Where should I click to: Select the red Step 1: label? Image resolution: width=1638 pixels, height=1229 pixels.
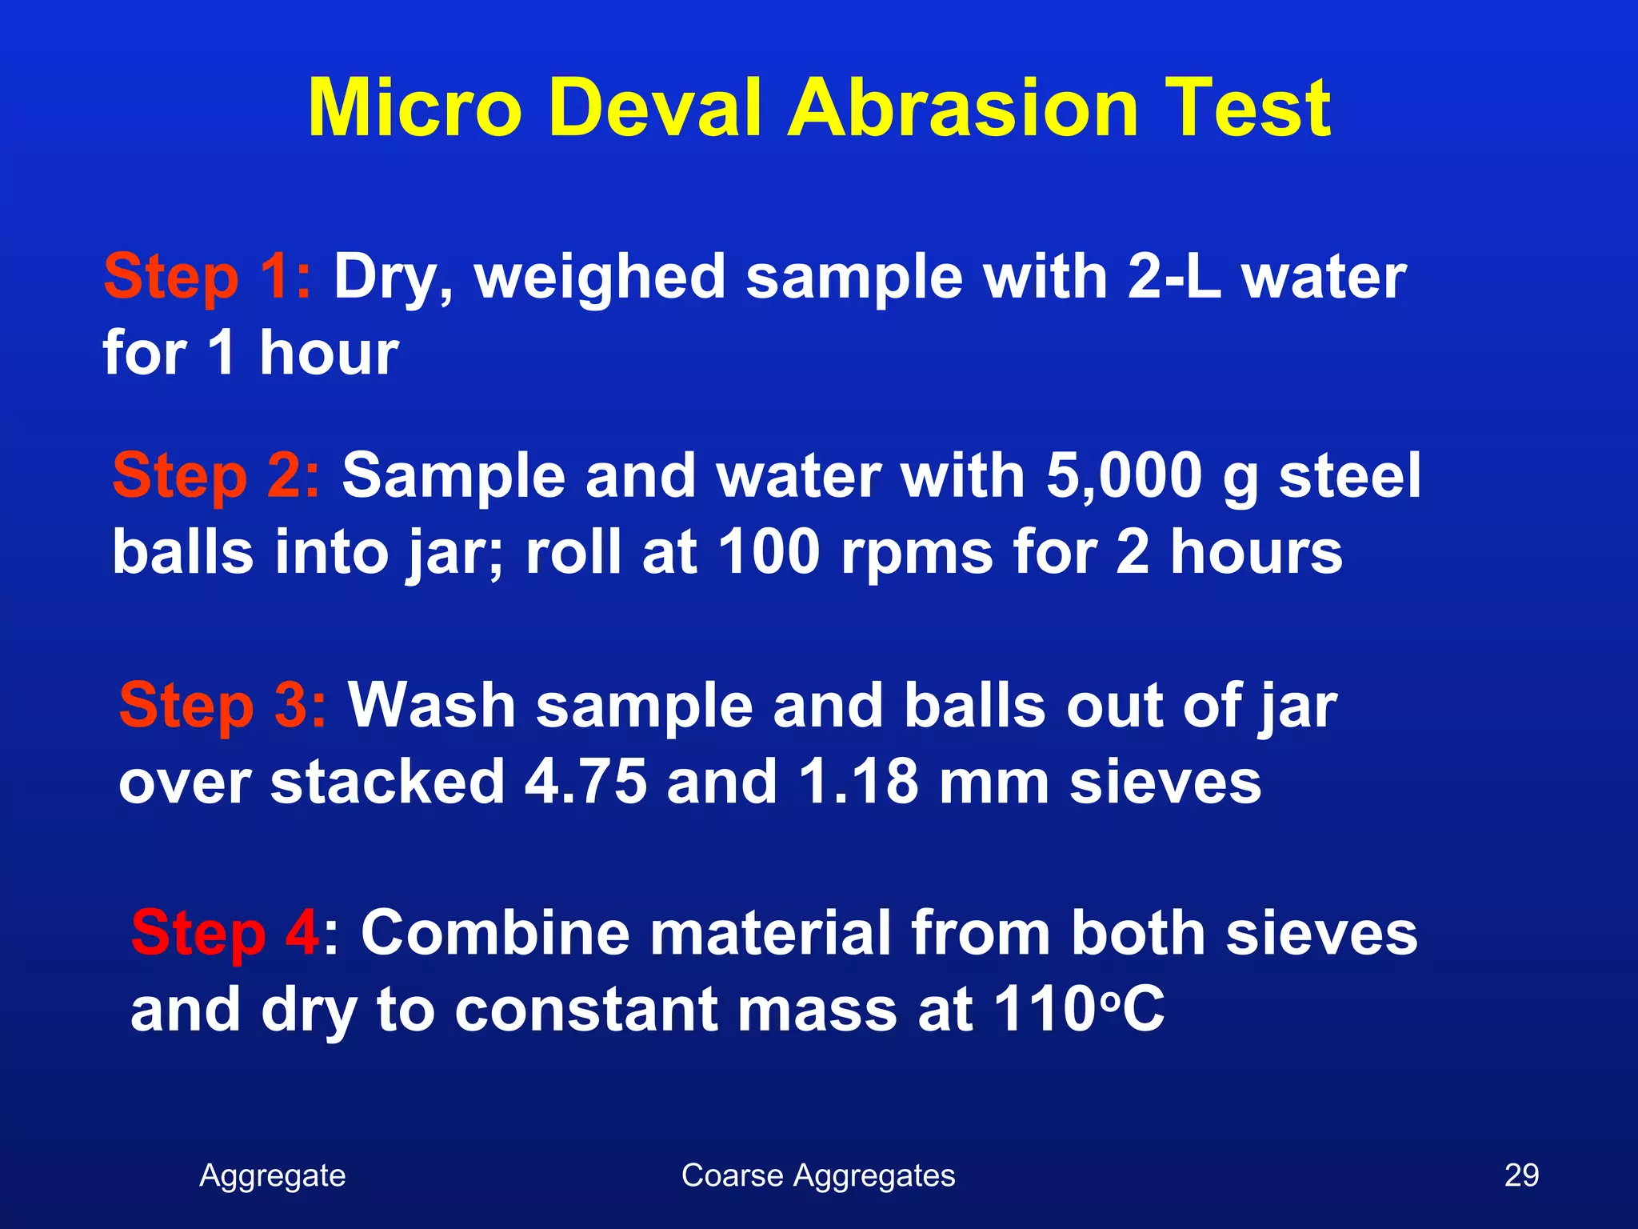point(207,277)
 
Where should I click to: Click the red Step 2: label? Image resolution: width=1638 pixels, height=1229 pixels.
point(216,476)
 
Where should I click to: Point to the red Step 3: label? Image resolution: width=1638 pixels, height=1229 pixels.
point(222,706)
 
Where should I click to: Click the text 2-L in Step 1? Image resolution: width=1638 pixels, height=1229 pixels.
point(1174,277)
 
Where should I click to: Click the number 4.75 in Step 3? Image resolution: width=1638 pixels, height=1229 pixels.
point(585,782)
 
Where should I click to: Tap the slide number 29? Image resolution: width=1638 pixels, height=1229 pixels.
point(1521,1175)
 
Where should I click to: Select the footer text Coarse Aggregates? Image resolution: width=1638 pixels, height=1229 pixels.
point(818,1175)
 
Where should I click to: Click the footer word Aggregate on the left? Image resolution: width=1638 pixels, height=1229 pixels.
point(272,1175)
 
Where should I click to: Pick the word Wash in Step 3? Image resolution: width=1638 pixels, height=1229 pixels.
point(432,706)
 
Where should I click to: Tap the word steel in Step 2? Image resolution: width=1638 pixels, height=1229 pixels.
point(1350,476)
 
